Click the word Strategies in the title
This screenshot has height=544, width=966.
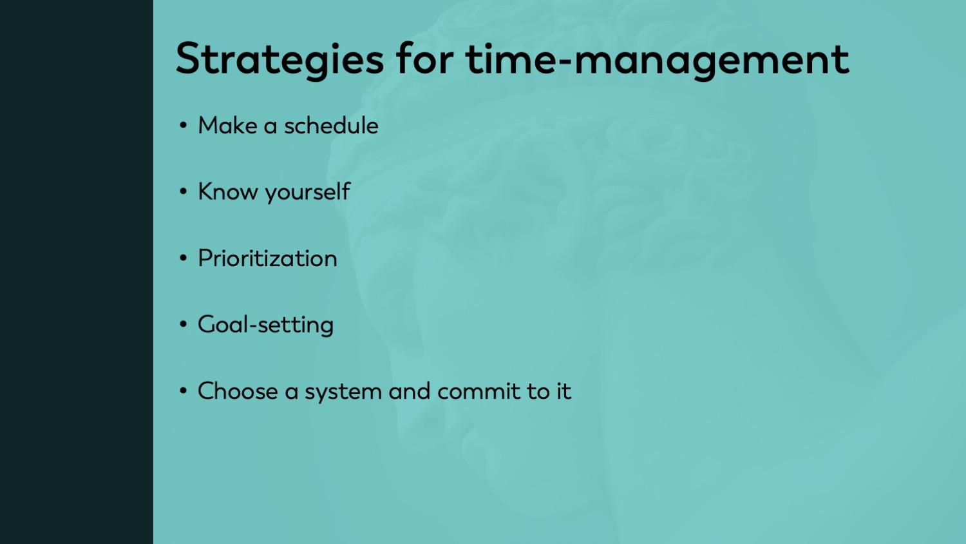tap(279, 60)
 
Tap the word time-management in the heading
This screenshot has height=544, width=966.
tap(658, 60)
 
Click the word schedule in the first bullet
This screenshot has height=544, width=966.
tap(331, 126)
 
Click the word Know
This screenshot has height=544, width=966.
tap(228, 191)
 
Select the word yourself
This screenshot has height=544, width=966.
tap(307, 193)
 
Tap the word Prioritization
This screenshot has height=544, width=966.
tap(267, 258)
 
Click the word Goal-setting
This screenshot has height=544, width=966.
tap(265, 325)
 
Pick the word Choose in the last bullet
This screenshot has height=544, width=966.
tap(238, 391)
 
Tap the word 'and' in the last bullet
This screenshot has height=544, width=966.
tap(409, 391)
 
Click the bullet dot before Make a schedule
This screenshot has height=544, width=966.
tap(184, 126)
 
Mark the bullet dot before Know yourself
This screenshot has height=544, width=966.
tap(184, 191)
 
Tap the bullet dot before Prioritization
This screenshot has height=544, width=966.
tap(184, 258)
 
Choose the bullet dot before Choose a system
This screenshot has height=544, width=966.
tap(184, 391)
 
